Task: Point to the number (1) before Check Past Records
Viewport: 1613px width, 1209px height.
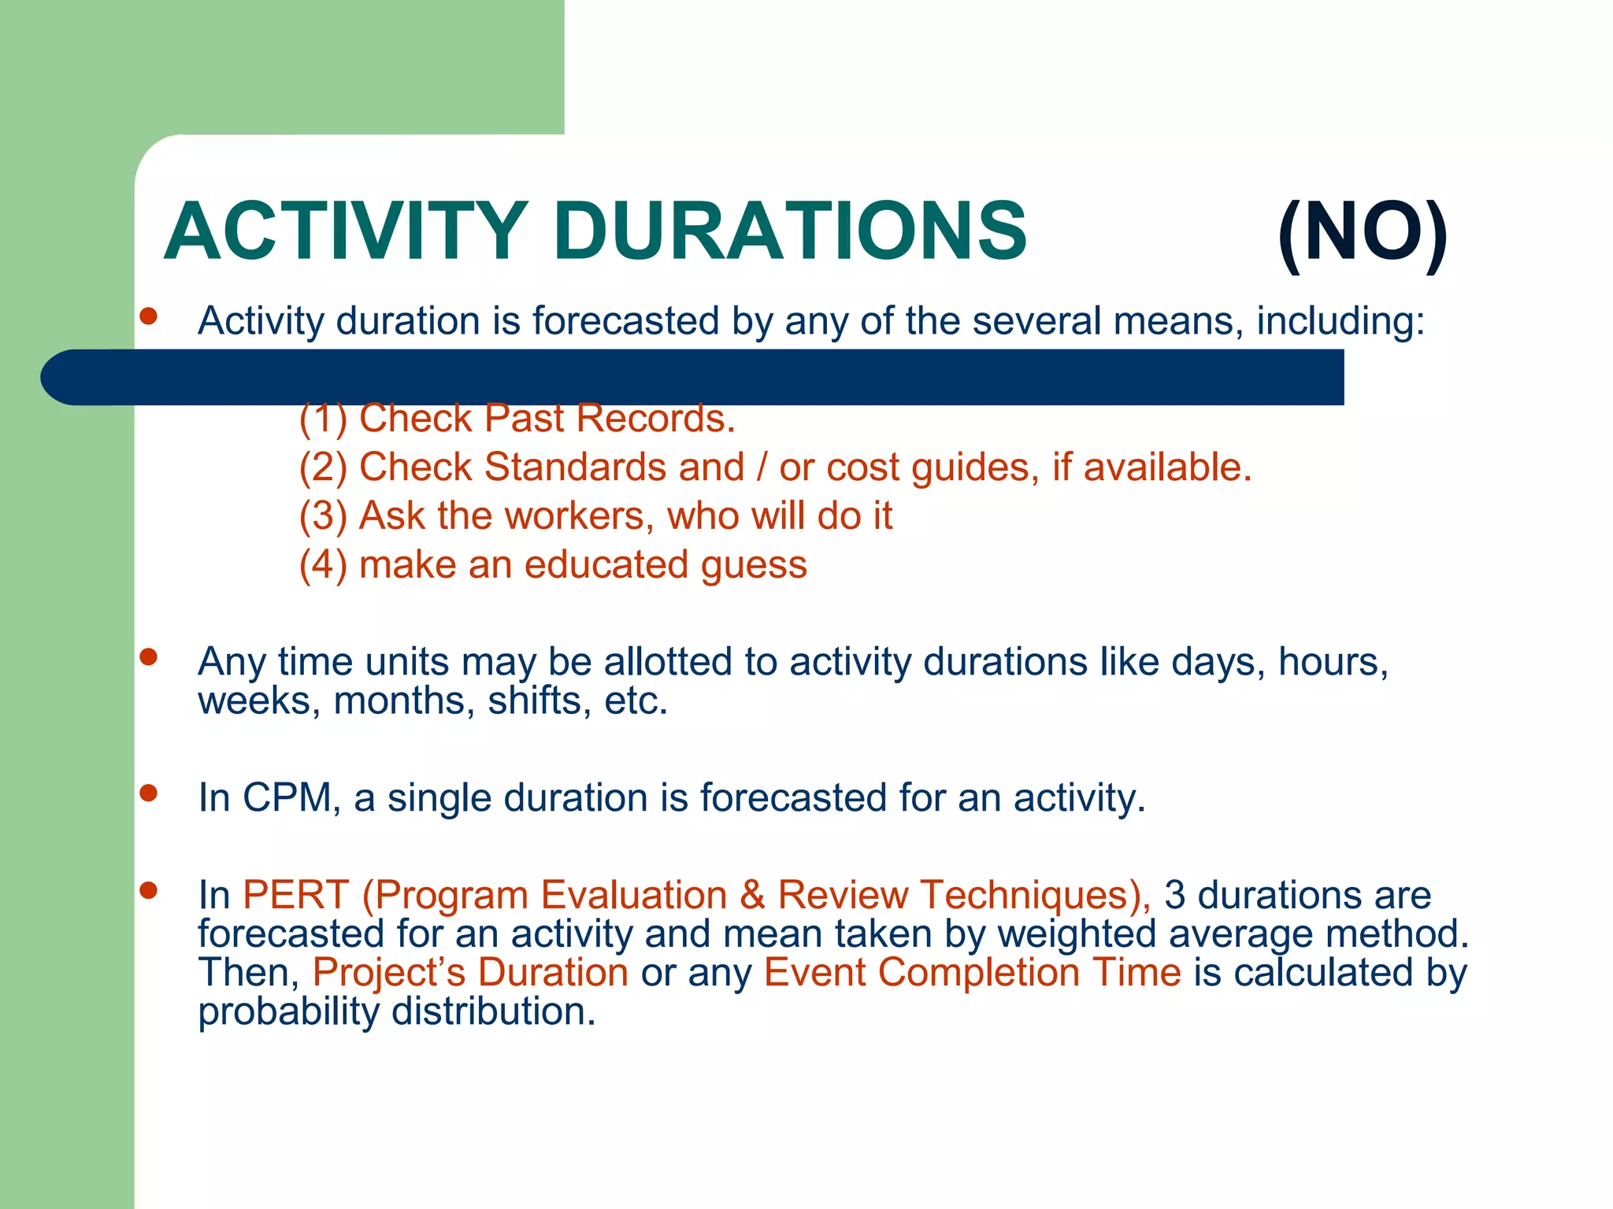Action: click(x=323, y=419)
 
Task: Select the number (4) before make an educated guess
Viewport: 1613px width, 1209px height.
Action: click(x=323, y=565)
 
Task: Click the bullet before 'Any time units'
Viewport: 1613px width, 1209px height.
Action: click(x=148, y=656)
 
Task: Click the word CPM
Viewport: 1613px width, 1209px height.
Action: click(x=287, y=797)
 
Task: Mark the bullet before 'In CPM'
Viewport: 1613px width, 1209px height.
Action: click(x=148, y=793)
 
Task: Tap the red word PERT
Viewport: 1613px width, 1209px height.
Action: click(x=296, y=895)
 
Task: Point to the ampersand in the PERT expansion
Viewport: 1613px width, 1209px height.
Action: click(x=752, y=895)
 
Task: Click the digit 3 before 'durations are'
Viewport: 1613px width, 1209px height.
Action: click(x=1174, y=895)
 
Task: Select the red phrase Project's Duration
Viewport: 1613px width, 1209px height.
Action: click(x=470, y=972)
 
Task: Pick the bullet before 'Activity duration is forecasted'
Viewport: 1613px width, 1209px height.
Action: click(x=148, y=316)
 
